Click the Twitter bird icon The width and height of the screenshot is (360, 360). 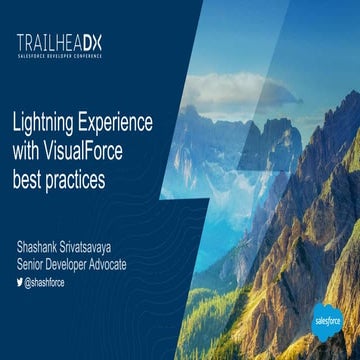point(18,283)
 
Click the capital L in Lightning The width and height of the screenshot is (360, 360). point(16,127)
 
